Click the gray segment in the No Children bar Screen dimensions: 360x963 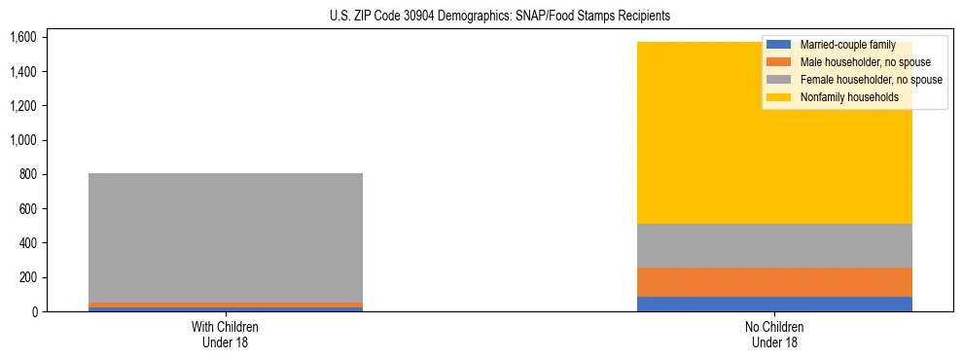coord(774,245)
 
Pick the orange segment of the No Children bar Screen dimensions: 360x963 coord(774,281)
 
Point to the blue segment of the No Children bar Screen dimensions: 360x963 coord(774,304)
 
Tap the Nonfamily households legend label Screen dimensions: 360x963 coord(849,97)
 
